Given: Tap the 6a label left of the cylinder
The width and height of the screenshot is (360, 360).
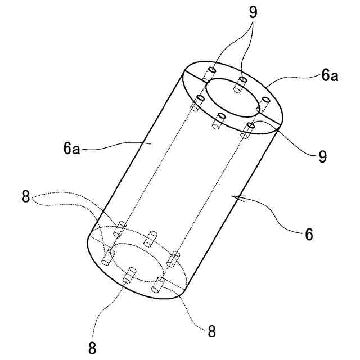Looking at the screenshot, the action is click(x=72, y=149).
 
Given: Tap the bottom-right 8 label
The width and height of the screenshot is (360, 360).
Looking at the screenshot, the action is click(x=211, y=331).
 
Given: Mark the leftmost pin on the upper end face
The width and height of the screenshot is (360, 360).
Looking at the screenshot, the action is click(x=199, y=102).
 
